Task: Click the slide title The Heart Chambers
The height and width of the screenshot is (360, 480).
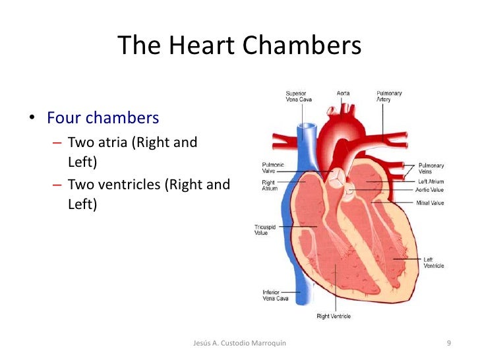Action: [240, 46]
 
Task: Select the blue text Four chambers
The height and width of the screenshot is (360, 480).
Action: [103, 119]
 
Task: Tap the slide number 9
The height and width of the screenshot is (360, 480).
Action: [449, 344]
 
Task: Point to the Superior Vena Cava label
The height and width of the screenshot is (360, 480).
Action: [299, 96]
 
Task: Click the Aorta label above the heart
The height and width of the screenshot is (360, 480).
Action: [343, 94]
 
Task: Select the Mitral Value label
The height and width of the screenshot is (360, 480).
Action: [430, 203]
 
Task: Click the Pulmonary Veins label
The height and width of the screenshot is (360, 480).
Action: [431, 169]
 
